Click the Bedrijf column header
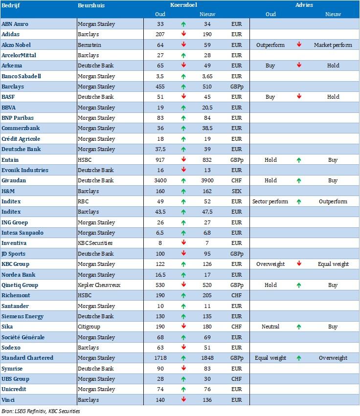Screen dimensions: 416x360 pos(10,5)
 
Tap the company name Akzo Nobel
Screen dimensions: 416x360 pos(16,45)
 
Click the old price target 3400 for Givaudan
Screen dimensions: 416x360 pos(159,180)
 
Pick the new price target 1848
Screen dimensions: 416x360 pos(207,358)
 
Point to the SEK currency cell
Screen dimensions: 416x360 pos(236,191)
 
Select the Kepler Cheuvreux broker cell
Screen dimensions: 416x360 pos(99,285)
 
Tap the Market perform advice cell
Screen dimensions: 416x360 pos(333,45)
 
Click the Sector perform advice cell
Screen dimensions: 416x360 pos(270,201)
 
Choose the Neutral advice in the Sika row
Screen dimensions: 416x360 pos(270,327)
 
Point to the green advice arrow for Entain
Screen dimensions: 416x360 pos(299,160)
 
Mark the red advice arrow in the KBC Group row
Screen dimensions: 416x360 pos(299,264)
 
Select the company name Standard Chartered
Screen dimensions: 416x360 pos(27,358)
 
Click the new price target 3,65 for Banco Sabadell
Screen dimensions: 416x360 pos(207,76)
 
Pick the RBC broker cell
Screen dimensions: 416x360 pos(84,201)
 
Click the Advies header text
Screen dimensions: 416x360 pos(304,5)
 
